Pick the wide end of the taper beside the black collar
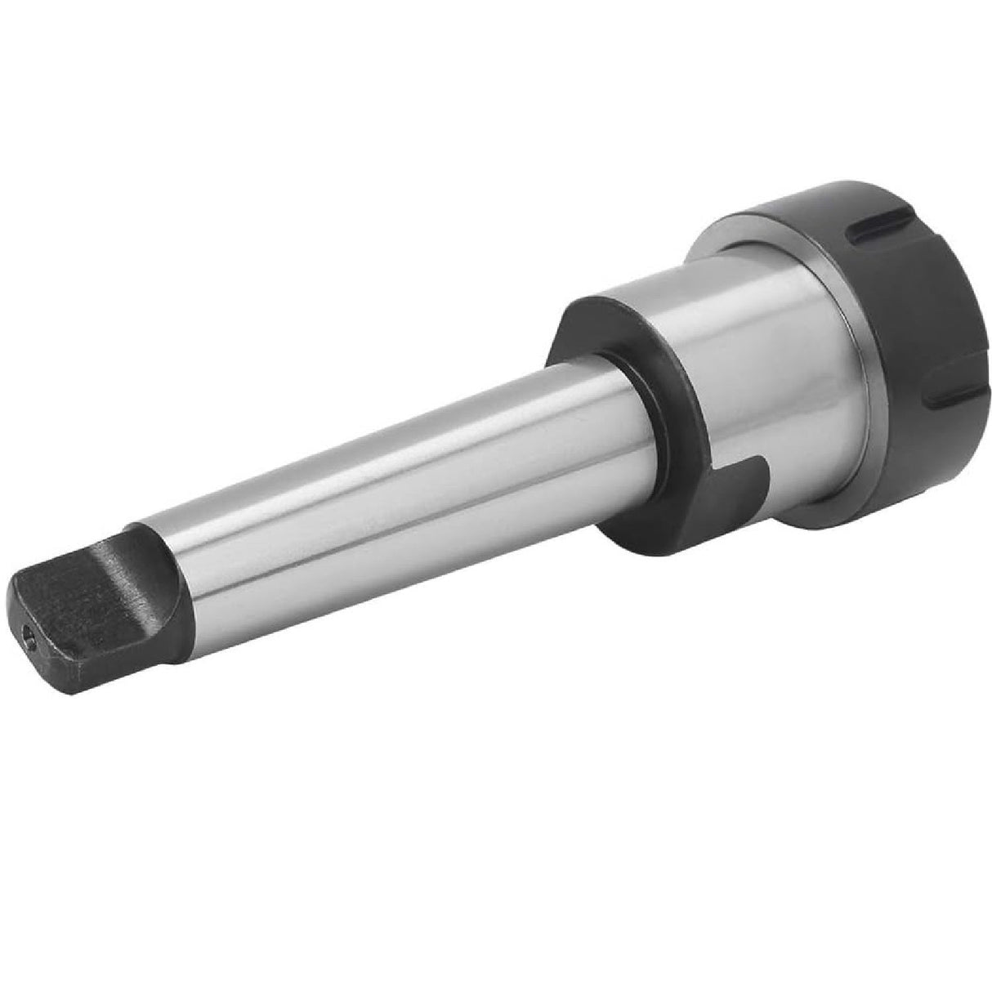click(x=588, y=400)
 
